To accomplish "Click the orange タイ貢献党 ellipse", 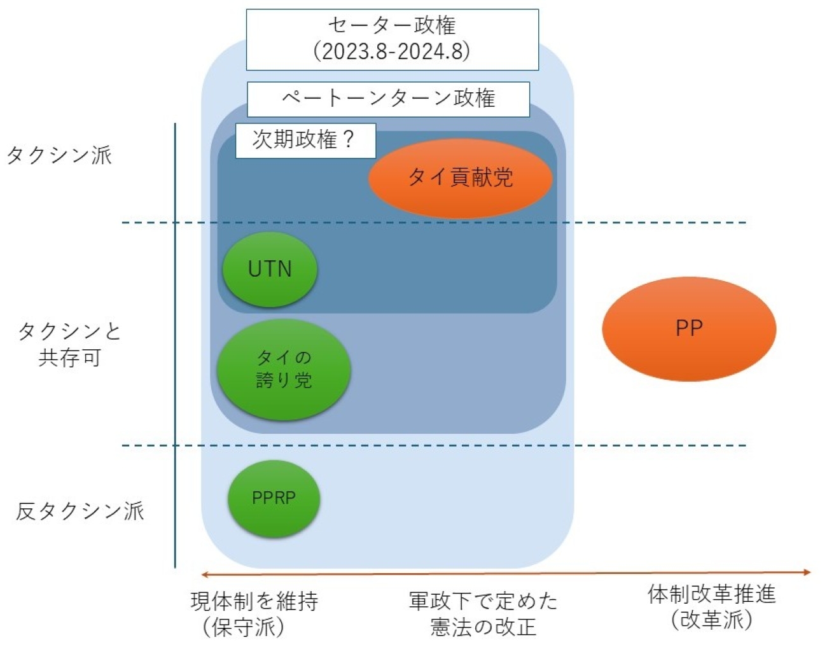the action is pos(460,178).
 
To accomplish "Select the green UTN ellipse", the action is pos(270,269).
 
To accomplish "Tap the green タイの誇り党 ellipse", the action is pos(284,369).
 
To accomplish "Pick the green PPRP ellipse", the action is pos(274,498).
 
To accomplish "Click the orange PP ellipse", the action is pos(689,328).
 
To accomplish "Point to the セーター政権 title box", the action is pos(393,39).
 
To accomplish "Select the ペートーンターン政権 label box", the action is pos(388,99).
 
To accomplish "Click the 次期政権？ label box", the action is pos(305,140).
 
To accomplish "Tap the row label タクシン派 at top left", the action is pos(59,155).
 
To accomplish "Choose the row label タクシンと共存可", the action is pos(69,344).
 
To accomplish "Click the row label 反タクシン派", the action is pos(80,511).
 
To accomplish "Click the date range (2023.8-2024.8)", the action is pos(392,52).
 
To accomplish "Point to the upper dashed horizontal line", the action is pos(434,223).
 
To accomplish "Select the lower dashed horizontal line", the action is pos(434,445).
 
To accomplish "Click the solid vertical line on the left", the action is pos(175,345).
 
